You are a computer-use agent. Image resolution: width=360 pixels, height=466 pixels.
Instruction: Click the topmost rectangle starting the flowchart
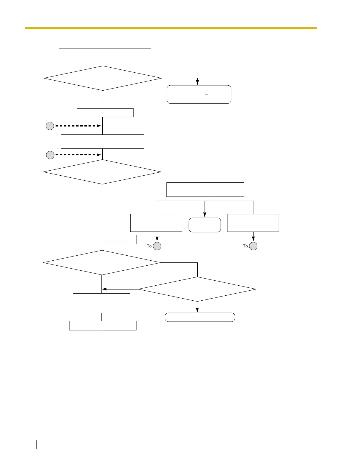tap(105, 54)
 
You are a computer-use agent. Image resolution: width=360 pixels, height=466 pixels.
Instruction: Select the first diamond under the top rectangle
tap(103, 78)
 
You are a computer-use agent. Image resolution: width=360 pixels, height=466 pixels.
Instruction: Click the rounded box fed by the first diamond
tap(199, 94)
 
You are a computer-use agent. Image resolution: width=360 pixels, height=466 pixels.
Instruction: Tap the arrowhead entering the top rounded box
tap(198, 83)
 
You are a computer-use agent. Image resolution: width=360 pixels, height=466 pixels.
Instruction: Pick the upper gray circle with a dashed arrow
tap(50, 126)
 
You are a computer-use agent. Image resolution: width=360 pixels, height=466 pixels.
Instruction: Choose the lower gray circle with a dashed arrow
tap(50, 155)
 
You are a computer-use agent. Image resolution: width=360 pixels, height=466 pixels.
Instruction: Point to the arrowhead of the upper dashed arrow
tap(99, 126)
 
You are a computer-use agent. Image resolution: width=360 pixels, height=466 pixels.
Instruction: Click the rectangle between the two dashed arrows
tap(102, 142)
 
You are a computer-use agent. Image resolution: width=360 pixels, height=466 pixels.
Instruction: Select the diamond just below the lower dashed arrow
tap(102, 172)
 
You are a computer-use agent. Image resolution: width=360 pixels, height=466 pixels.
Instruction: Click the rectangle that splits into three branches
tap(205, 189)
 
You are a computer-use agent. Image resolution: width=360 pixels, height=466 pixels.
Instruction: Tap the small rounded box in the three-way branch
tap(205, 225)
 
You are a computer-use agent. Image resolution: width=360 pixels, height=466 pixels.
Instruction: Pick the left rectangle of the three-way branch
tap(156, 223)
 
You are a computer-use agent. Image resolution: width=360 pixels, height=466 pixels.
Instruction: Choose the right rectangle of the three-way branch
tap(253, 223)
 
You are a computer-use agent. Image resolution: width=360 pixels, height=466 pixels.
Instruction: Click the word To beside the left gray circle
tap(149, 246)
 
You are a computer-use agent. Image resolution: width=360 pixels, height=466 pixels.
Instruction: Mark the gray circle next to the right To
tap(253, 246)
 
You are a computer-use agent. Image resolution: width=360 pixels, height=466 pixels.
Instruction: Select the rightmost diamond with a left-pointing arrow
tap(197, 289)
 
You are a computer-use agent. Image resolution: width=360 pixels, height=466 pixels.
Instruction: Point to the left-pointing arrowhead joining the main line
tap(104, 289)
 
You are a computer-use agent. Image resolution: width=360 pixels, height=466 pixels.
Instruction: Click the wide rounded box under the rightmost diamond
tap(200, 317)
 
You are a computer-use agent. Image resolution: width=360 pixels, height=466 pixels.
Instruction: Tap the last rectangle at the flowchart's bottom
tap(103, 326)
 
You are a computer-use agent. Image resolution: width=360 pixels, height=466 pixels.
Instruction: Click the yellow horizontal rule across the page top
tap(171, 28)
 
